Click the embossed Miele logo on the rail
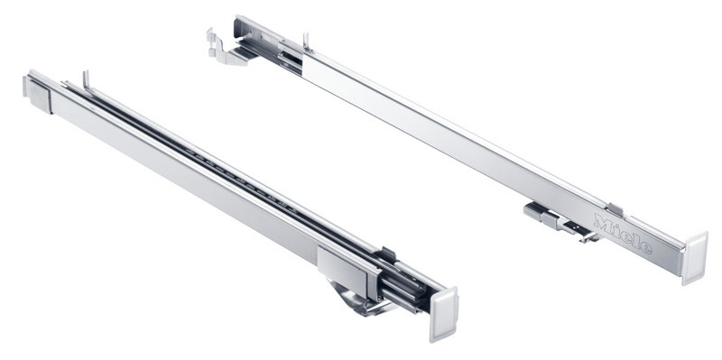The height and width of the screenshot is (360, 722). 623,234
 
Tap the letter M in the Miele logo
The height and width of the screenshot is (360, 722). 602,222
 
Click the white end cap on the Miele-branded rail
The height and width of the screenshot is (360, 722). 694,257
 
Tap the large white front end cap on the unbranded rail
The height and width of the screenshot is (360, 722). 443,313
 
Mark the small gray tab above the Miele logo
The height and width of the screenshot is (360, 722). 614,209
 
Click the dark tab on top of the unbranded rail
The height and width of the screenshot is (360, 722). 386,255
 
